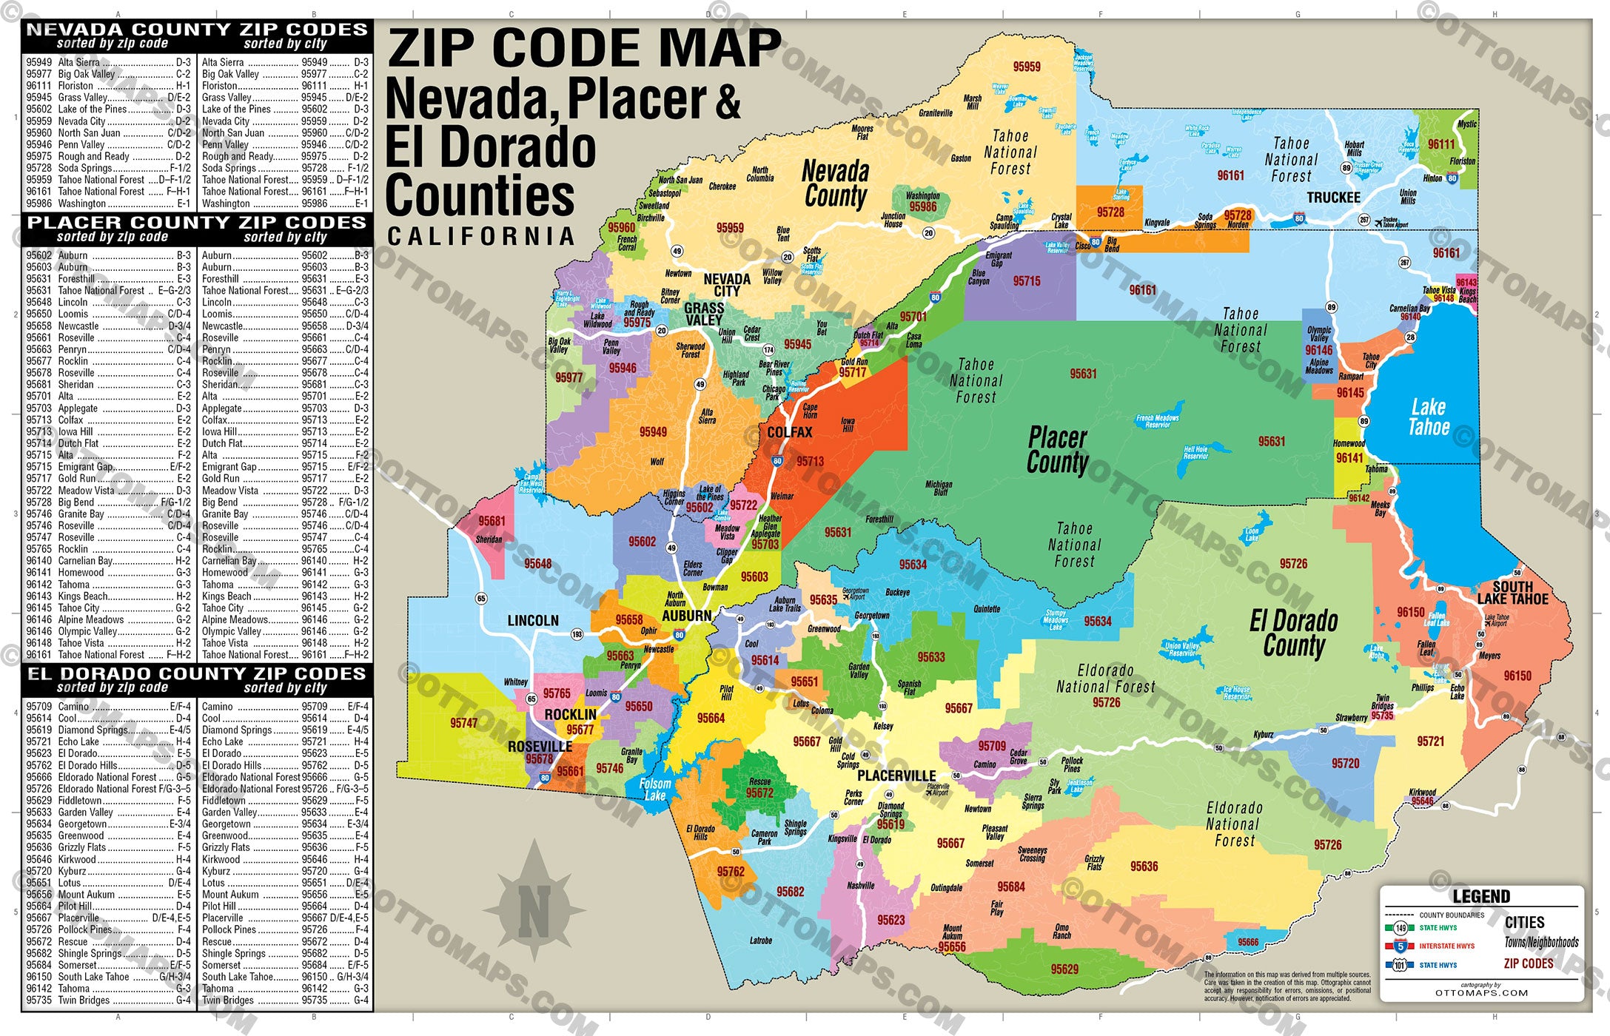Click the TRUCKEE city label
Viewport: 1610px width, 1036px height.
[x=1333, y=198]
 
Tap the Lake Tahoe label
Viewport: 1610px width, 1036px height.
[x=1429, y=417]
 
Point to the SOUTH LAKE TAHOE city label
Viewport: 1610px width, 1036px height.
[x=1512, y=593]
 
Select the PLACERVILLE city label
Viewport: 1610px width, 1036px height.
[x=896, y=776]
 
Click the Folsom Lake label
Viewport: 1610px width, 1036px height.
[x=655, y=790]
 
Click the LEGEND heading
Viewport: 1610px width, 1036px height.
[x=1481, y=897]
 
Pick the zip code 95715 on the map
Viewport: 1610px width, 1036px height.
[x=1027, y=281]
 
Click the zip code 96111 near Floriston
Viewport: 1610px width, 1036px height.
[x=1441, y=145]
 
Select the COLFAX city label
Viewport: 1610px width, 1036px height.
[x=790, y=432]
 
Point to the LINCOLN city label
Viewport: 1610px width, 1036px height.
[x=533, y=621]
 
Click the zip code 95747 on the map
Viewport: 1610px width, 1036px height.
[x=464, y=723]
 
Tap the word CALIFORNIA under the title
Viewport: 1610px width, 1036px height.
[x=481, y=237]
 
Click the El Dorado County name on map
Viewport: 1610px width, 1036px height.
[x=1293, y=633]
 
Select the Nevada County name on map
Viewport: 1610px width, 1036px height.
[x=836, y=184]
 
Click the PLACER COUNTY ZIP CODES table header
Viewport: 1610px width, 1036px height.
[x=197, y=223]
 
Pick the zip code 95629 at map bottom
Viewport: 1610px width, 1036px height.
[x=1064, y=969]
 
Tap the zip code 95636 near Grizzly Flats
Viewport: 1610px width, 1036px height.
[x=1144, y=867]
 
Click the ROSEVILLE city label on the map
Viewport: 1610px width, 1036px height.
[x=540, y=747]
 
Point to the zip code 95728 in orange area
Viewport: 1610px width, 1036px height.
[x=1110, y=212]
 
